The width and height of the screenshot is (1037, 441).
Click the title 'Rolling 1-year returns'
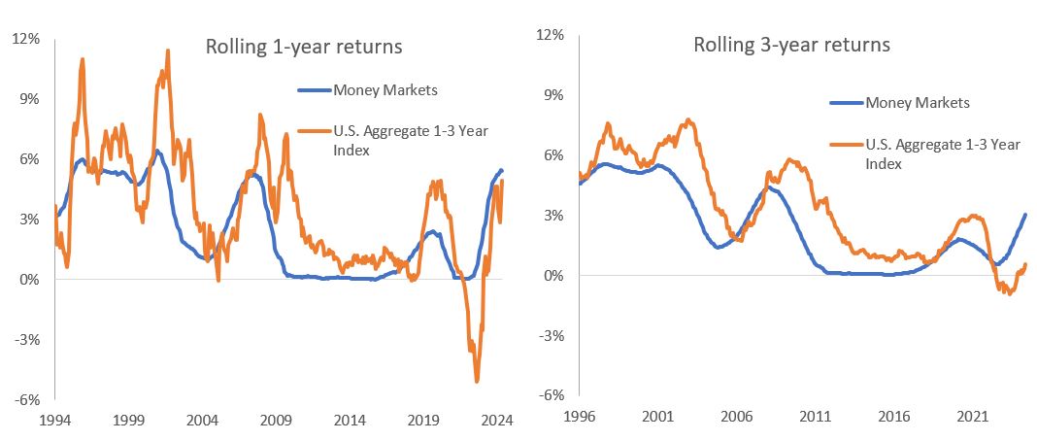pos(303,47)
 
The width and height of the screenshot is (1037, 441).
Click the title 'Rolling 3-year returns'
pos(791,45)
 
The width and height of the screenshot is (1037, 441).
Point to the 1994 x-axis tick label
pos(54,422)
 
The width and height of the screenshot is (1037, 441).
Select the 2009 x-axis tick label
pos(276,422)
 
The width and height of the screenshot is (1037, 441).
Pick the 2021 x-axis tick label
pos(972,417)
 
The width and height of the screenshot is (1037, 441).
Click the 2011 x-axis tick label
pos(815,417)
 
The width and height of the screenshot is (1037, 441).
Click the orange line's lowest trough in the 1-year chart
pos(477,381)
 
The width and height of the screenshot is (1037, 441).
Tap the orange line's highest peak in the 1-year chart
pos(168,51)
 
